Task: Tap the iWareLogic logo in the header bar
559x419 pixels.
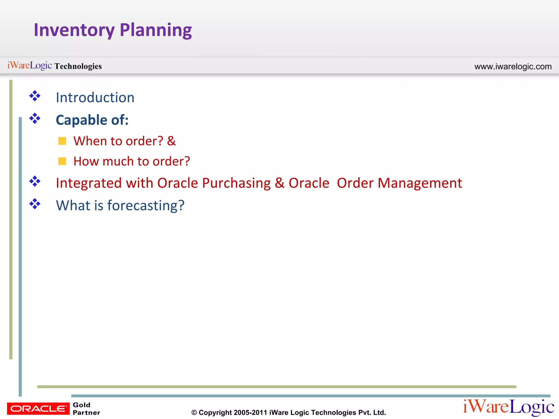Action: [x=29, y=65]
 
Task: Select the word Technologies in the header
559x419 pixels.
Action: [x=78, y=66]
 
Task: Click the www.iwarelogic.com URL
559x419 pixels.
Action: [x=513, y=67]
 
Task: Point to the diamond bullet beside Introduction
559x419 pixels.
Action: [x=35, y=96]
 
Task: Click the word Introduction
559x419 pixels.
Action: [x=95, y=98]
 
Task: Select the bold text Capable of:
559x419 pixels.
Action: [x=92, y=120]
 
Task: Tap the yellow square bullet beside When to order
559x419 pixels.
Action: [x=62, y=141]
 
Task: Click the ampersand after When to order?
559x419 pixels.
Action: [x=171, y=141]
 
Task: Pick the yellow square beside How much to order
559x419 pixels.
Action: [x=62, y=161]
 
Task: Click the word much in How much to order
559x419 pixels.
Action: [x=118, y=161]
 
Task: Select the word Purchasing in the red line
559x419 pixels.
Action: [x=236, y=183]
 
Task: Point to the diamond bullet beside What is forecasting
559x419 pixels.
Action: [x=35, y=204]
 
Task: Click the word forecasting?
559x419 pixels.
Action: [x=146, y=205]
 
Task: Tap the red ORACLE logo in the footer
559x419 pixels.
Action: [x=38, y=408]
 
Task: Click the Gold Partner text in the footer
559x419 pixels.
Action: [x=86, y=409]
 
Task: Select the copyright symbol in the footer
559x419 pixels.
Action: [x=194, y=413]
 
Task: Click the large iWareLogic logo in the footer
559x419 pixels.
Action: [x=508, y=407]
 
